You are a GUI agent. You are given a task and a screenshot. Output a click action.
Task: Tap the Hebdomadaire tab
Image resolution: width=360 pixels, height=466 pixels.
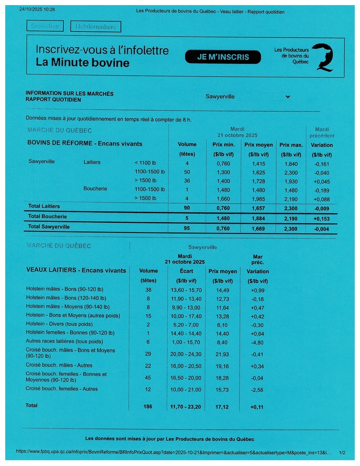pos(96,26)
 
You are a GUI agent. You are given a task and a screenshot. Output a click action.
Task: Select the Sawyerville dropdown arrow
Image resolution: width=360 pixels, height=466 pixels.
pos(287,96)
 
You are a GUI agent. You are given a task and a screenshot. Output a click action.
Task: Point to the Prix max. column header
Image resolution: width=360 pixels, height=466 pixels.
pos(291,145)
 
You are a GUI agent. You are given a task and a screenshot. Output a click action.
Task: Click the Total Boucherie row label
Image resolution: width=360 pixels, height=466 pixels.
pos(47,217)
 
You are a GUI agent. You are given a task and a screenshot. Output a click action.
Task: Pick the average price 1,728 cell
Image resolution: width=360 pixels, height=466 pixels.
pos(258,182)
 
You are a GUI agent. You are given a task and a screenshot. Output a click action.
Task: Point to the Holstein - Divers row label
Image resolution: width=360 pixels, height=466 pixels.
pos(60,324)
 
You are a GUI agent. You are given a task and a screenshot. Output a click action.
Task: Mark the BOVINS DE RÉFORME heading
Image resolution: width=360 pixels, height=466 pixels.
pos(84,144)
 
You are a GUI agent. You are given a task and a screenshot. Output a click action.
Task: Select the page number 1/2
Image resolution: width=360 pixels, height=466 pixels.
pos(342,452)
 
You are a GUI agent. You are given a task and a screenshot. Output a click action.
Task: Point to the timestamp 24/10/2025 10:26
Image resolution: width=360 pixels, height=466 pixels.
pos(37,10)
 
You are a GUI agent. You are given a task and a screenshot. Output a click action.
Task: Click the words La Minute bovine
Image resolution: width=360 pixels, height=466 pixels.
pos(82,63)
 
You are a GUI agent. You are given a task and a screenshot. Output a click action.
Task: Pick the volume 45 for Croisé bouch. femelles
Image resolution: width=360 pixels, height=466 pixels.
pos(149,378)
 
